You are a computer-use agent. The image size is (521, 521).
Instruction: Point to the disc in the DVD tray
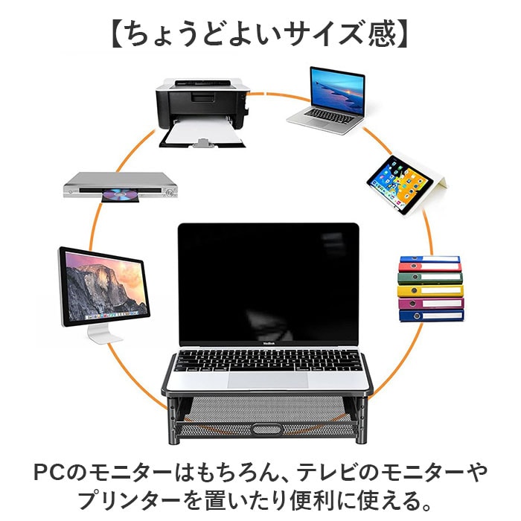[x=119, y=196]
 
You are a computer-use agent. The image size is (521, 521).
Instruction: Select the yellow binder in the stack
[x=430, y=290]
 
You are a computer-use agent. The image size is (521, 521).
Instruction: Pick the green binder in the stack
[x=430, y=278]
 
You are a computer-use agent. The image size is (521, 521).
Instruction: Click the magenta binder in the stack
[x=430, y=303]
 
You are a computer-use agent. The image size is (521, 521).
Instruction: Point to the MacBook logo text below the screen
[x=267, y=343]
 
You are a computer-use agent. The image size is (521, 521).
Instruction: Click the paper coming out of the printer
[x=201, y=138]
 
